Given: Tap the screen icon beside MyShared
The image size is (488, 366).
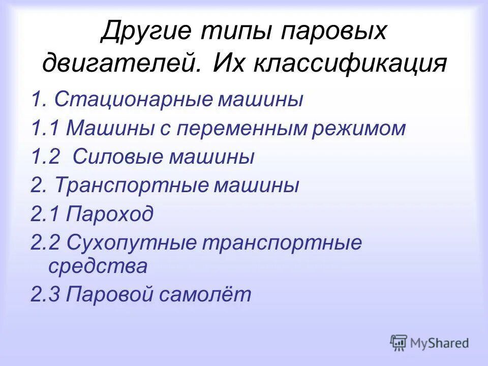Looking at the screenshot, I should pyautogui.click(x=399, y=343).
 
